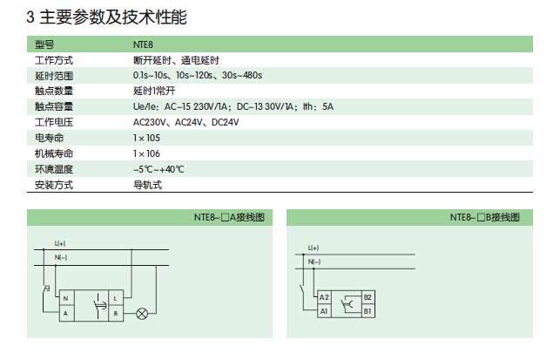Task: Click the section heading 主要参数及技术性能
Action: pyautogui.click(x=113, y=17)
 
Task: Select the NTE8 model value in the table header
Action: pyautogui.click(x=143, y=44)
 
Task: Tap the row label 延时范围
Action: pyautogui.click(x=54, y=76)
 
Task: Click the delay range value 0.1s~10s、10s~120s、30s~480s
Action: pyautogui.click(x=198, y=76)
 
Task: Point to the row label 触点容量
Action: pyautogui.click(x=54, y=106)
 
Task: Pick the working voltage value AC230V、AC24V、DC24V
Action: pyautogui.click(x=186, y=122)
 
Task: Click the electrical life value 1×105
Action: pyautogui.click(x=146, y=138)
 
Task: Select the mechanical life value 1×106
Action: pyautogui.click(x=146, y=153)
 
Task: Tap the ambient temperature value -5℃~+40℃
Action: pyautogui.click(x=159, y=169)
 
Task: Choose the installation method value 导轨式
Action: pyautogui.click(x=147, y=185)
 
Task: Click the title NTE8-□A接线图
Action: pyautogui.click(x=229, y=217)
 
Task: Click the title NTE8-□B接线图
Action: pyautogui.click(x=484, y=217)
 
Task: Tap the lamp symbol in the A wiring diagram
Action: pyautogui.click(x=142, y=314)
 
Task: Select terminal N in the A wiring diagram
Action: pyautogui.click(x=66, y=298)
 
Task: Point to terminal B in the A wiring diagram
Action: pyautogui.click(x=116, y=314)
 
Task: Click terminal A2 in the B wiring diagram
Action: pyautogui.click(x=324, y=297)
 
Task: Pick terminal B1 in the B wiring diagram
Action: pyautogui.click(x=368, y=311)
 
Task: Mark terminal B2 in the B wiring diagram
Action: pyautogui.click(x=368, y=297)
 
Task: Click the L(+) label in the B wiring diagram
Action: pyautogui.click(x=314, y=248)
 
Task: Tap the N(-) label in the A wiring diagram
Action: pyautogui.click(x=61, y=257)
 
